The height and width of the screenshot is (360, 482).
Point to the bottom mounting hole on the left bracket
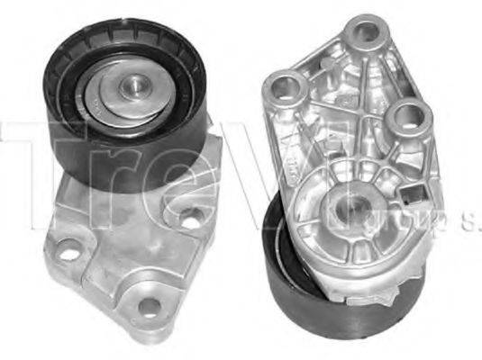[x=148, y=308]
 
